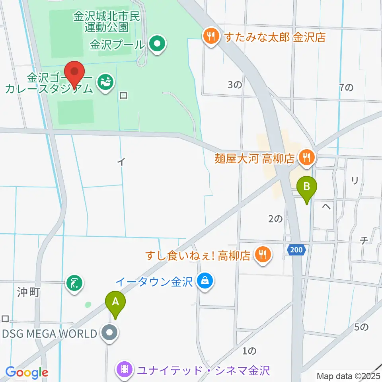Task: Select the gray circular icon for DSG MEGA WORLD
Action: (109, 333)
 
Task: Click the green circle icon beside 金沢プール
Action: (157, 45)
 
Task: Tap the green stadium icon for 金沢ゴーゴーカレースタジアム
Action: (106, 82)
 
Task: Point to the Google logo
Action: (27, 372)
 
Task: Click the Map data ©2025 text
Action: (349, 376)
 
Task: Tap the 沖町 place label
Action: (29, 293)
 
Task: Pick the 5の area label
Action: (362, 327)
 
